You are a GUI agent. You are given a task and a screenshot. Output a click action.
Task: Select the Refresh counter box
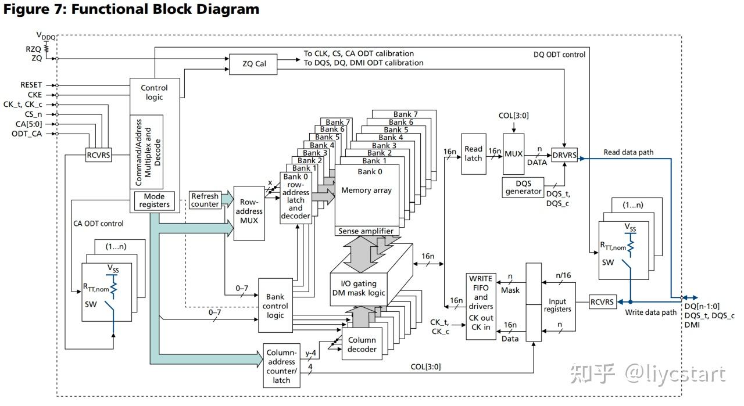(x=205, y=200)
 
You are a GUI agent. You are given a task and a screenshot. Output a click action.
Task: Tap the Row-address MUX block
(x=249, y=213)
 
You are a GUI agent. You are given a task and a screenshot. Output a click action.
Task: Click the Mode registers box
(x=155, y=200)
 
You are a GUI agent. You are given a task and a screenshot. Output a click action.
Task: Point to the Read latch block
(x=473, y=153)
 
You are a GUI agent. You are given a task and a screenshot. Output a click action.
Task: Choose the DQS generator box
(x=523, y=187)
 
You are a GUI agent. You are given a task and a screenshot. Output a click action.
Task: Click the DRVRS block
(x=564, y=155)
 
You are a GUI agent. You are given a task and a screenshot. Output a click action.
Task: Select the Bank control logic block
(x=275, y=306)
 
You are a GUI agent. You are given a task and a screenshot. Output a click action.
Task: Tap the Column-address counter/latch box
(x=281, y=366)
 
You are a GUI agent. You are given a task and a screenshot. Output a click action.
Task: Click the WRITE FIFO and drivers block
(x=481, y=306)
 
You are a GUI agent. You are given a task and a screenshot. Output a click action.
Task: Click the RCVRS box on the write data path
(x=602, y=301)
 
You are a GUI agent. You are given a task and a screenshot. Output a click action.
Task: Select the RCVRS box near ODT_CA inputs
(x=98, y=156)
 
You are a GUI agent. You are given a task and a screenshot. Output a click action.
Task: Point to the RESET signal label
(x=31, y=85)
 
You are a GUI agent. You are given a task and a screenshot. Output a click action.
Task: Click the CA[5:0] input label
(x=31, y=124)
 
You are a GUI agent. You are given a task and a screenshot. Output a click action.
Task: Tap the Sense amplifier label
(x=367, y=231)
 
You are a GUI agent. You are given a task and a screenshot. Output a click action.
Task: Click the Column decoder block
(x=362, y=344)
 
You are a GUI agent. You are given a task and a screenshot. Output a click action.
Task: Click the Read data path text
(x=628, y=152)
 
